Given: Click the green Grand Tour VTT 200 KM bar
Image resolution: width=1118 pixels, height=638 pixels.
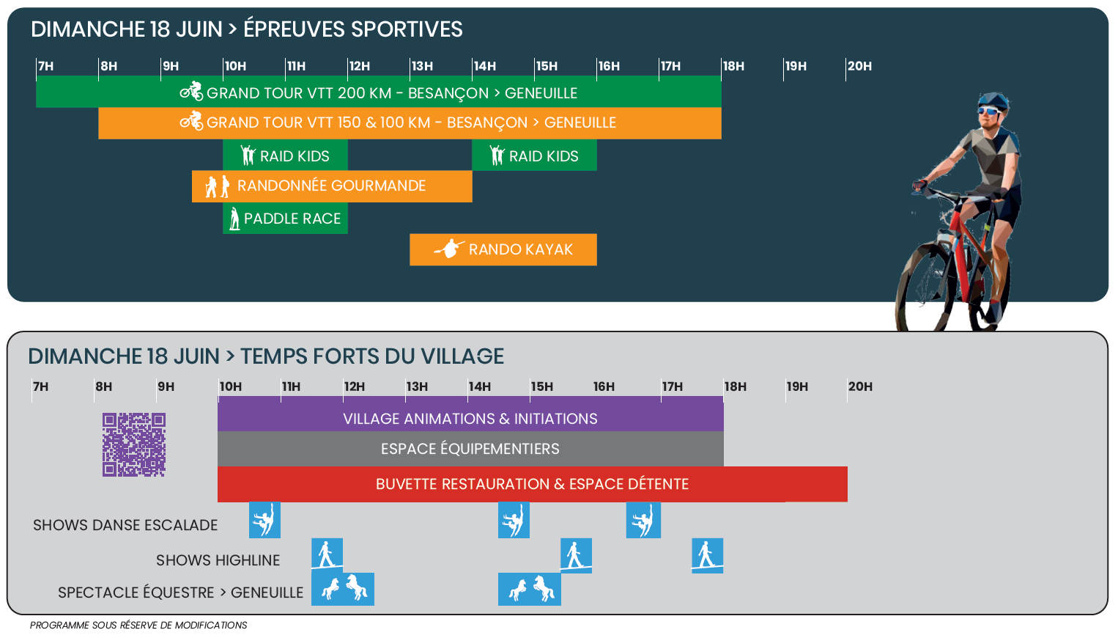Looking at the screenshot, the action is click(x=378, y=92).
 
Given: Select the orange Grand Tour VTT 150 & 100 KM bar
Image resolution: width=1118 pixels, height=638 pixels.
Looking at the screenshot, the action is click(x=410, y=123).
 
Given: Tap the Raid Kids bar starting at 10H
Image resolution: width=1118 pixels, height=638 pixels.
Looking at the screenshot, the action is click(x=285, y=155).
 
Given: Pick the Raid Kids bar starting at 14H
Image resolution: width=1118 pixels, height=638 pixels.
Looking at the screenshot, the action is click(x=534, y=155).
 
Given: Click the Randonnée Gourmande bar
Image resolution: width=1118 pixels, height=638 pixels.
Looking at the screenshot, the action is click(x=332, y=186).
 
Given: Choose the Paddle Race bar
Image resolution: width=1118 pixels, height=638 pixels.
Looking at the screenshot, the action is click(x=285, y=218).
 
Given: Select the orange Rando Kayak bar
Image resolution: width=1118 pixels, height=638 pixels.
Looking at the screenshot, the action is click(x=503, y=249).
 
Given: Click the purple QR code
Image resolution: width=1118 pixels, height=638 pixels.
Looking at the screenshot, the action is click(x=134, y=444).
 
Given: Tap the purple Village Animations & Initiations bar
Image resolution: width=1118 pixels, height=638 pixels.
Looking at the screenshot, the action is click(x=470, y=414).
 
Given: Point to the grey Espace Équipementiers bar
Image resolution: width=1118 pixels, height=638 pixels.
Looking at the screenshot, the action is click(x=470, y=449).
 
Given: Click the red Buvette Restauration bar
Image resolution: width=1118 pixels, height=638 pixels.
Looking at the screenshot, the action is click(x=532, y=484).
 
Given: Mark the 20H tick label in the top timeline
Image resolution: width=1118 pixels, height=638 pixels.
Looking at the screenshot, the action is click(x=859, y=66).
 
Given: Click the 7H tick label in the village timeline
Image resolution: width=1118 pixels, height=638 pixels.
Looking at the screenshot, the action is click(x=40, y=386).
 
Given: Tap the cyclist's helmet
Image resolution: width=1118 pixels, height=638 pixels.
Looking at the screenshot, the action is click(x=993, y=101).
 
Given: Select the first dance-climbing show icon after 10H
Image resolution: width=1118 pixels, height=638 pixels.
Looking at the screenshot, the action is click(x=264, y=520).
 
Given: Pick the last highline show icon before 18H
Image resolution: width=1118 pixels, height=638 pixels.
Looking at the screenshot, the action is click(x=707, y=556).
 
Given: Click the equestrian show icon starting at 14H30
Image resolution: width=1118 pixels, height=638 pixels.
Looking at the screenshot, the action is click(x=529, y=590).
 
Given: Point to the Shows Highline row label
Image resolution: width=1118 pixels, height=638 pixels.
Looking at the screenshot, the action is click(x=218, y=560).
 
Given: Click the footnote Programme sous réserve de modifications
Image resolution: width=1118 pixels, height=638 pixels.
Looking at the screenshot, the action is click(x=138, y=625).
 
